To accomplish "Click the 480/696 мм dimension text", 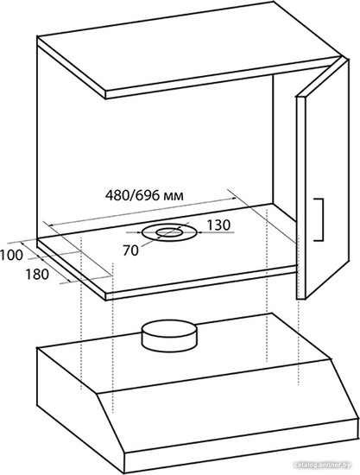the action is pos(144,196).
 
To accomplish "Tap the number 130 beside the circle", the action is pos(218,225).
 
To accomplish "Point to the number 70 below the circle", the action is pos(130,250).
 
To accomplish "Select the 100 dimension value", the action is pos(11,255).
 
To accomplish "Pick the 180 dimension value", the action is pos(37,275).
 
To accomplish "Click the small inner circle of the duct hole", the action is pos(169,232).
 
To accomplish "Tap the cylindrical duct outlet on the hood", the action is pos(169,336).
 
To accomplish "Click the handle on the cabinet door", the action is pos(319,220).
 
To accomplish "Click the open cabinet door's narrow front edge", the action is pos(300,198).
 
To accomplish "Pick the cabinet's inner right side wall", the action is pos(284,147).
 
